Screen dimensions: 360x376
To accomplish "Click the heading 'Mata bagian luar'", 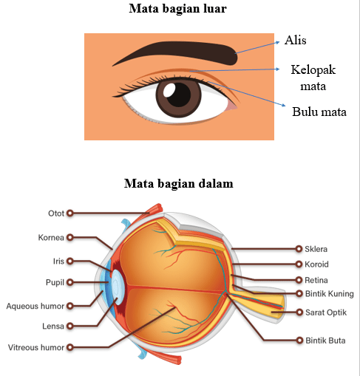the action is click(177, 9).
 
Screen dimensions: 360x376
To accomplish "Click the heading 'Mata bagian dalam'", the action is click(179, 184).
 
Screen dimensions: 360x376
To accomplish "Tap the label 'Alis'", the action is click(296, 40).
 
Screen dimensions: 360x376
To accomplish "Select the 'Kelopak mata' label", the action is click(313, 78).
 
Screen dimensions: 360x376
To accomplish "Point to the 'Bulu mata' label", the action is click(319, 112).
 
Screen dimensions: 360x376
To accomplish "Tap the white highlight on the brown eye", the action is click(169, 90).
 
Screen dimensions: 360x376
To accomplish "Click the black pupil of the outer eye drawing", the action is click(179, 95).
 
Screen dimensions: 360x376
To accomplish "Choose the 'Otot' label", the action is click(56, 213).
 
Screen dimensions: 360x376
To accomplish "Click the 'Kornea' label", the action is click(51, 237).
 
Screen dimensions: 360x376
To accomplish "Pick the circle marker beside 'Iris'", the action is click(70, 261).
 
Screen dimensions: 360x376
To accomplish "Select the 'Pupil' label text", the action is click(55, 282).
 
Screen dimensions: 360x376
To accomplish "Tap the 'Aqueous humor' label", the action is click(35, 306).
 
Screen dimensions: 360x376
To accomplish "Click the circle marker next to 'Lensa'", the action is click(70, 326).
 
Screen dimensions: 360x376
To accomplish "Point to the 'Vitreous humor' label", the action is click(36, 347).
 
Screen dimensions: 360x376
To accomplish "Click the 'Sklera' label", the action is click(316, 249).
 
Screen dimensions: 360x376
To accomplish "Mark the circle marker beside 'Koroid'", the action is click(299, 264).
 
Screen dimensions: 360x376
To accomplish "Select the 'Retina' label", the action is click(316, 280).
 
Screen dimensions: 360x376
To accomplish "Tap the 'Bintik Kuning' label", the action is click(330, 294).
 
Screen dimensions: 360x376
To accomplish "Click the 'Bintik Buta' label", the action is click(325, 341).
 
